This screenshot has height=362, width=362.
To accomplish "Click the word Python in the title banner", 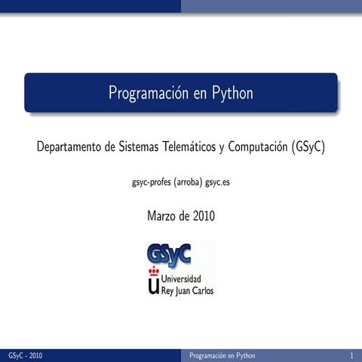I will [x=232, y=94].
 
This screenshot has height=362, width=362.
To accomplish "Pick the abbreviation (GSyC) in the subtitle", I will [x=308, y=146].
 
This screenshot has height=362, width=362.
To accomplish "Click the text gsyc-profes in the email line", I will [x=151, y=183].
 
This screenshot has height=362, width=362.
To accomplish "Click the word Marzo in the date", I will [x=163, y=216].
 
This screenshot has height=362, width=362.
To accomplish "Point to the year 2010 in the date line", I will [x=203, y=216].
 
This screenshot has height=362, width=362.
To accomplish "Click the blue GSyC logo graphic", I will [x=170, y=253].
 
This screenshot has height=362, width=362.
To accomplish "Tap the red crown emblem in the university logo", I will [x=155, y=271].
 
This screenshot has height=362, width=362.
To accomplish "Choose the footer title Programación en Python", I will [x=222, y=355].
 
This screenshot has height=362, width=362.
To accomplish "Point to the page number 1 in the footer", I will [x=351, y=355].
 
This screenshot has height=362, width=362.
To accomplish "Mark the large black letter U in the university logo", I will [x=155, y=285].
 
